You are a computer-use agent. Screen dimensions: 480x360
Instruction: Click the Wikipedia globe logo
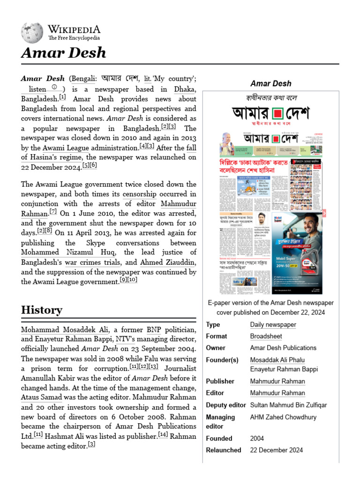click(32, 33)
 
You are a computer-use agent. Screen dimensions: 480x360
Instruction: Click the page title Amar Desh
click(63, 53)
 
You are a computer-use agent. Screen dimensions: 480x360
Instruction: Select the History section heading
click(41, 310)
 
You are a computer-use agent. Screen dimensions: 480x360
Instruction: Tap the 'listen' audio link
click(37, 89)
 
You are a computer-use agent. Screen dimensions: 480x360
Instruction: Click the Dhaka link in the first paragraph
click(185, 89)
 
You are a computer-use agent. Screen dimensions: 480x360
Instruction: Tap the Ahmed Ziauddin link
click(167, 262)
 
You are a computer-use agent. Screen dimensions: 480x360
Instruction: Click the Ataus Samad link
click(42, 397)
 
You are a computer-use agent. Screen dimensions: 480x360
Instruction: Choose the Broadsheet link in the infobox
click(265, 336)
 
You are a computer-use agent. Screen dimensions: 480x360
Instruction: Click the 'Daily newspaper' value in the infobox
click(273, 324)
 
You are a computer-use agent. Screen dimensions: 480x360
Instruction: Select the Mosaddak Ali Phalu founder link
click(277, 360)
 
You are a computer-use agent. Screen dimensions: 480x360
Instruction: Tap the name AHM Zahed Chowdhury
click(283, 417)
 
